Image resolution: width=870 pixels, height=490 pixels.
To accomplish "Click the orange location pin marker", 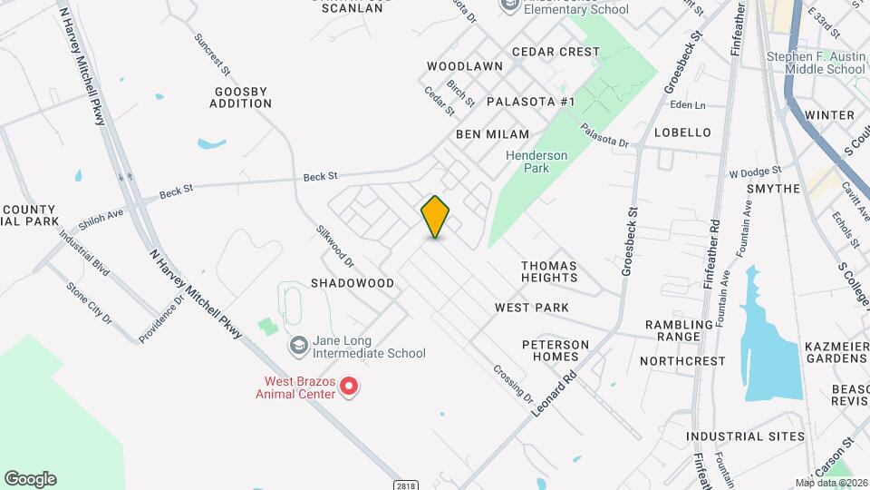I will coord(435,216).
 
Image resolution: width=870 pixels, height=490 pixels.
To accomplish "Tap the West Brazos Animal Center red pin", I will coord(349,387).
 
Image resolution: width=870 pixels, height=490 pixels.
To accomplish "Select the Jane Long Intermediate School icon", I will coord(297,346).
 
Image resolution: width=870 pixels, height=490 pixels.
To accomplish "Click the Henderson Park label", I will coord(536,162).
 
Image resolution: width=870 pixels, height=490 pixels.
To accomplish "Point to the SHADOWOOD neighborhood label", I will coord(353,283).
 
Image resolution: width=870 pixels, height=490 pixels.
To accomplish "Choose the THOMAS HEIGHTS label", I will coord(549,272).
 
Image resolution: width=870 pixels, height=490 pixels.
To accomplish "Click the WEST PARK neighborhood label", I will coord(532,308).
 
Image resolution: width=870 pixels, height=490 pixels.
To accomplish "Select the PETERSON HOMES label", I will coord(556,350).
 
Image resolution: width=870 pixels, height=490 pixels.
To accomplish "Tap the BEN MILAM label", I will coord(492,133).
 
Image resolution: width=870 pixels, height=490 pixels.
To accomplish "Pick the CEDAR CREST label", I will coord(556,52).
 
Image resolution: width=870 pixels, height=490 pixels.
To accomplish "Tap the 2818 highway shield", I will coord(407,485).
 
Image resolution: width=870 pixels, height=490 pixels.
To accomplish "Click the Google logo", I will coord(30,479).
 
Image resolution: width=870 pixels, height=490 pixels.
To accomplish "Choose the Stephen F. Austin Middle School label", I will coord(816,63).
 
